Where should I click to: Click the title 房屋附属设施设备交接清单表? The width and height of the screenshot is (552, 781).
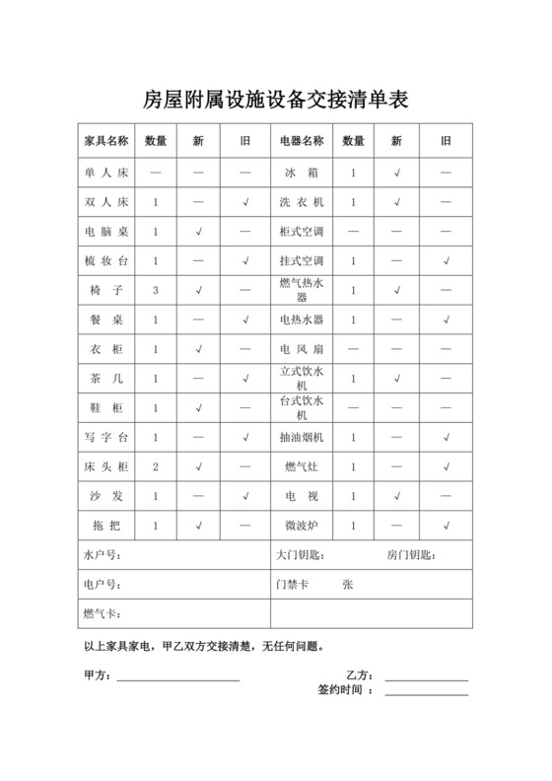[276, 100]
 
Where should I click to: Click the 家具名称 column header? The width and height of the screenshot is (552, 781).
[105, 141]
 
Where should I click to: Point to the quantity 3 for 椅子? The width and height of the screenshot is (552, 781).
[156, 291]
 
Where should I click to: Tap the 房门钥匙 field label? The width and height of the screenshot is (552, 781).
[411, 555]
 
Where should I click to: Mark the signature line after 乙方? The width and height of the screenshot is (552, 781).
[426, 678]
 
